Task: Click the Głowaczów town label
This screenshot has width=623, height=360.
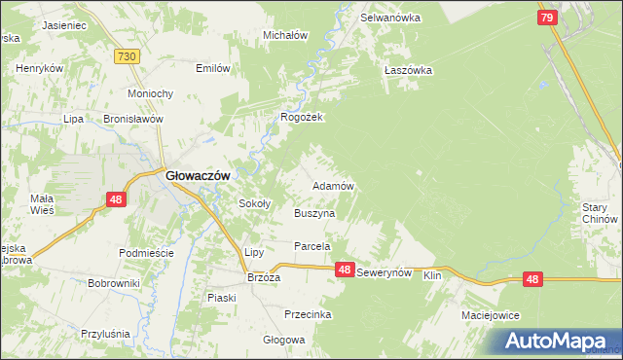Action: [197, 175]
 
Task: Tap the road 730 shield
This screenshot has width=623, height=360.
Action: [125, 58]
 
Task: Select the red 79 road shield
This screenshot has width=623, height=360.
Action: [547, 18]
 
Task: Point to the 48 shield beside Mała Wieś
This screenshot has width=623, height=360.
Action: [116, 199]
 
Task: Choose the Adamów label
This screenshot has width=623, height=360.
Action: [332, 185]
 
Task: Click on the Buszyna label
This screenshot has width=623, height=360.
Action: [314, 212]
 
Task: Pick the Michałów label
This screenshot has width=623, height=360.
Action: [285, 35]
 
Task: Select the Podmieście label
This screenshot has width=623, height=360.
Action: [145, 252]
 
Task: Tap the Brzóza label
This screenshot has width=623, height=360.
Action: [264, 276]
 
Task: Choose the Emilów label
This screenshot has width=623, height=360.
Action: [213, 68]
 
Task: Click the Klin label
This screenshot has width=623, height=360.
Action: [433, 276]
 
